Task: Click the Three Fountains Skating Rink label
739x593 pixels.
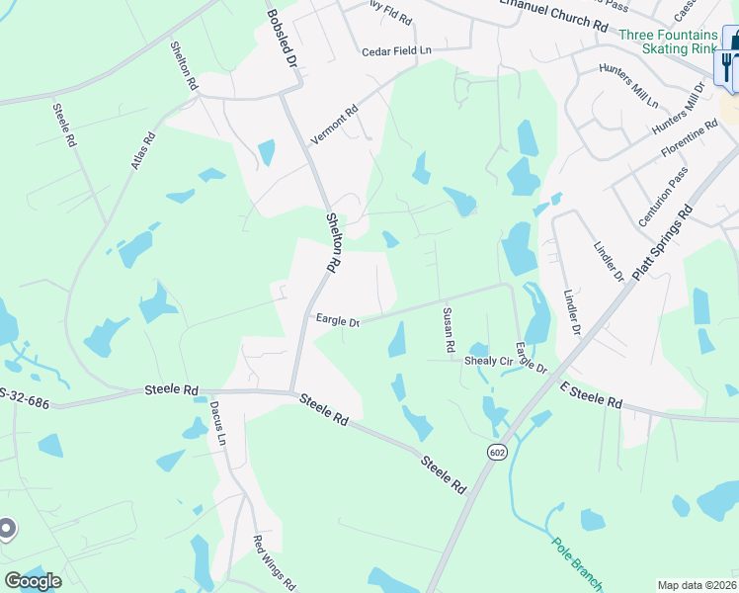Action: click(669, 42)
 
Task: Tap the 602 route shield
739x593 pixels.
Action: click(496, 451)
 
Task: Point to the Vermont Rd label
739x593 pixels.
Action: click(333, 127)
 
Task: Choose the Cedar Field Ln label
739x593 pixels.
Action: click(397, 50)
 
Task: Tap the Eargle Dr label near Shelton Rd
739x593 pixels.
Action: click(337, 319)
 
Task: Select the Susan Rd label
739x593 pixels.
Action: click(448, 330)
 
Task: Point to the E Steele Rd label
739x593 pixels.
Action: click(591, 395)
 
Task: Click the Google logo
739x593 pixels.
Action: click(33, 581)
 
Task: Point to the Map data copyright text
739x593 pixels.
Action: click(697, 585)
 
